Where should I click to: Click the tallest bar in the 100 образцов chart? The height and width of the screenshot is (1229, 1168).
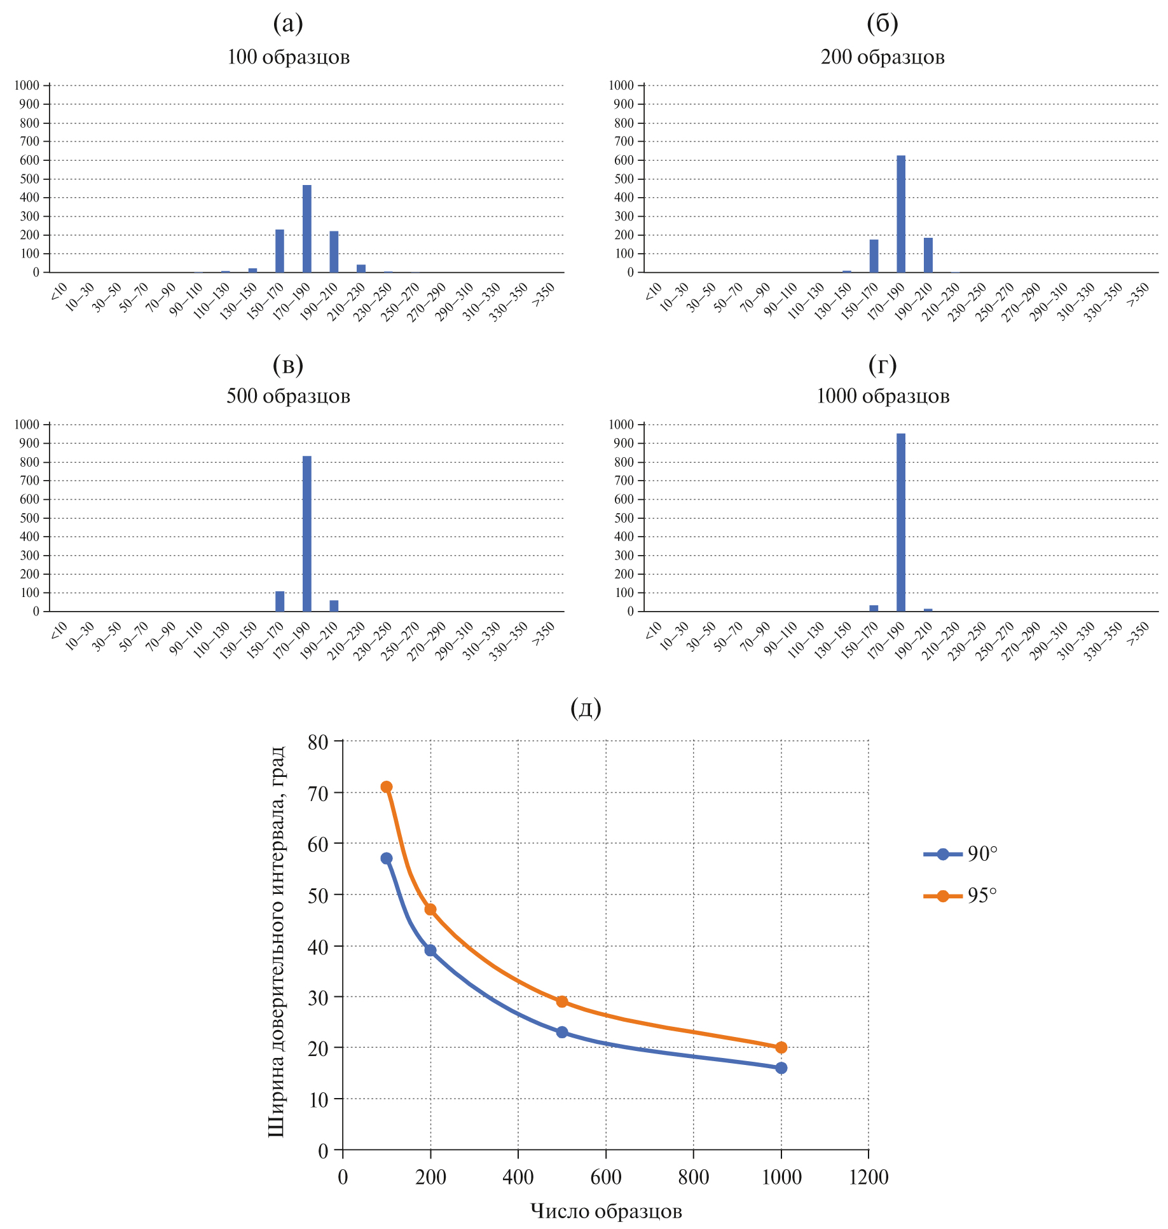click(x=306, y=228)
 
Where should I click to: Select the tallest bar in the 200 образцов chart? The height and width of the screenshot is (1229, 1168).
click(x=901, y=214)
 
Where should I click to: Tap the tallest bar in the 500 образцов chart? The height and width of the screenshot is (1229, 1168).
click(x=306, y=533)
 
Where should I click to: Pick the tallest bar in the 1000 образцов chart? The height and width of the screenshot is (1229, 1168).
click(x=901, y=522)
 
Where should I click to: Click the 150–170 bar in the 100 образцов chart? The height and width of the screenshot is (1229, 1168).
click(x=280, y=251)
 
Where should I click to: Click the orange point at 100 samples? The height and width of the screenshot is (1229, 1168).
click(x=387, y=786)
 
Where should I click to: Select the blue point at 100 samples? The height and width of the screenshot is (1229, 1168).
click(x=387, y=858)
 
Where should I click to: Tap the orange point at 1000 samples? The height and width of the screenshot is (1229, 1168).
click(x=781, y=1047)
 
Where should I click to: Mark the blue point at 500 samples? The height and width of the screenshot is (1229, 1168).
click(x=562, y=1032)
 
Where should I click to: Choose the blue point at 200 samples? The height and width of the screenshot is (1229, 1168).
click(x=430, y=950)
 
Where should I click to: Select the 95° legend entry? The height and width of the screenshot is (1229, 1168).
click(x=961, y=896)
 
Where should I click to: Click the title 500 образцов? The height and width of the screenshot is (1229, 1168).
click(x=288, y=396)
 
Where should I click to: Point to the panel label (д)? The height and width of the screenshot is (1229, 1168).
click(x=586, y=707)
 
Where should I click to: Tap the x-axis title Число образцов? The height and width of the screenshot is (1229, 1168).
click(x=606, y=1211)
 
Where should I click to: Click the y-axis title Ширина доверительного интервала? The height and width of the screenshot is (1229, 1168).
click(x=276, y=941)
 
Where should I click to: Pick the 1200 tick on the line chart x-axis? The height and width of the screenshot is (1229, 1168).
click(x=869, y=1176)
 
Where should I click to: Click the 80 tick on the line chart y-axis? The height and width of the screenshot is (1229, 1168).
click(x=319, y=741)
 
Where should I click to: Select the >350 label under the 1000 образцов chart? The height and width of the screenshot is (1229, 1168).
click(x=1140, y=631)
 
